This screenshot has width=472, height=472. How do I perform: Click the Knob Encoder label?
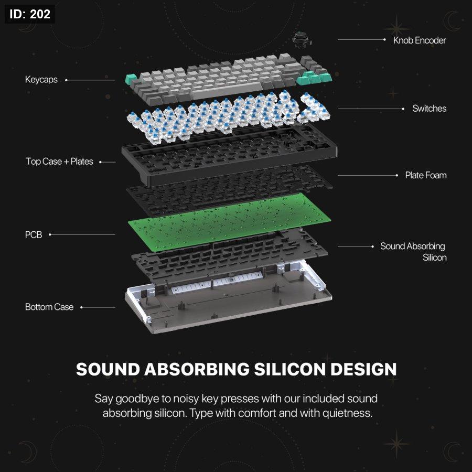click(x=420, y=40)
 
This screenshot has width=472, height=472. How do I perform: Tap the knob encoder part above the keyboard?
click(x=302, y=39)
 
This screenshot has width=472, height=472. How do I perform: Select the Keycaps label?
click(x=41, y=80)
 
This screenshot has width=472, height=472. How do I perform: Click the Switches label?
click(x=429, y=109)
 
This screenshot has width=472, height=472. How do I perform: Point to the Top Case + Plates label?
click(x=59, y=162)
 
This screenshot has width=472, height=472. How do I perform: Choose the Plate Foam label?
click(x=426, y=175)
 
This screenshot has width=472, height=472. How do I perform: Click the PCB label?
click(x=34, y=235)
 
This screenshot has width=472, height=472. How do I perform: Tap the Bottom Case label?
click(x=49, y=307)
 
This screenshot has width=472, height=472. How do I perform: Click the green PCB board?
click(x=229, y=221)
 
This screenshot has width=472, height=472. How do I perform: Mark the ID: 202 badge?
click(x=30, y=14)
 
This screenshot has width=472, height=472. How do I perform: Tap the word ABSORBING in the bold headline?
click(x=197, y=369)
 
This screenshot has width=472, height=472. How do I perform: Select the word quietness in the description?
click(x=347, y=413)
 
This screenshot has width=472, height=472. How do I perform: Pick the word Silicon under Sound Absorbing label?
click(x=434, y=258)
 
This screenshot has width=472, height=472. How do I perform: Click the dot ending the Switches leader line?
click(x=403, y=109)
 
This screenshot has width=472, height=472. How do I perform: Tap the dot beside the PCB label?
click(x=50, y=234)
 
